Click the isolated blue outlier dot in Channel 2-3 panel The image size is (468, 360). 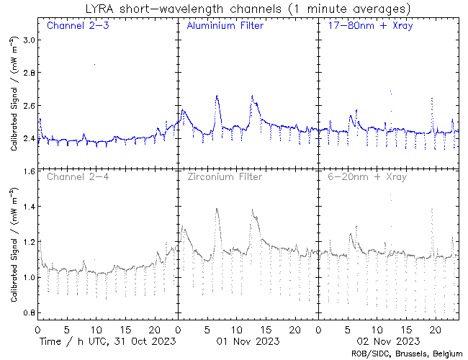[94, 65]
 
